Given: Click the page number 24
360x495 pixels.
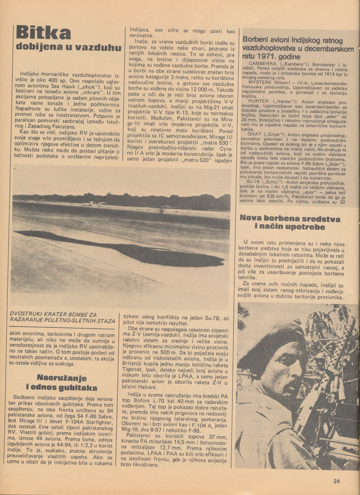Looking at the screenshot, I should tap(337, 482).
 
